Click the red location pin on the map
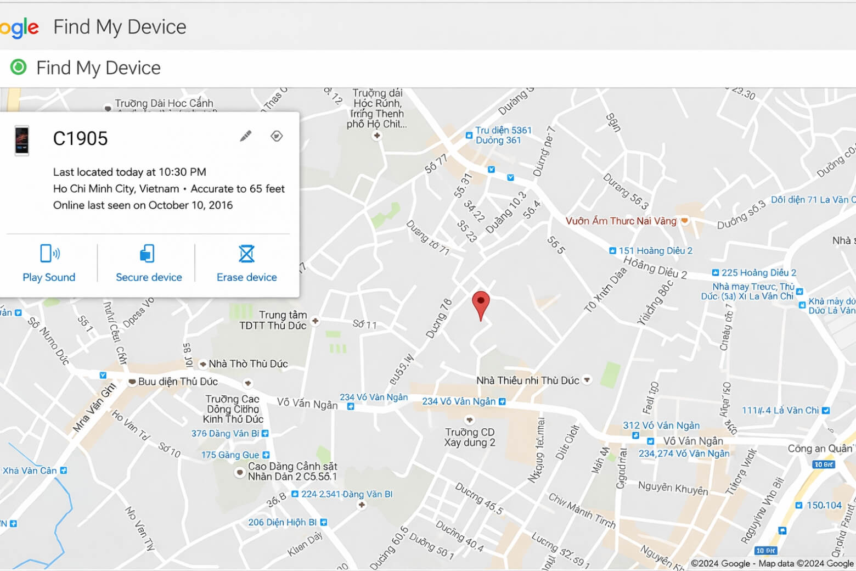(481, 303)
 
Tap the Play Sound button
(49, 263)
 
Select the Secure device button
(149, 263)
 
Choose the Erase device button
(246, 263)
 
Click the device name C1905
(80, 139)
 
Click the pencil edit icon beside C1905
(246, 136)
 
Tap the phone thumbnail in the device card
(22, 141)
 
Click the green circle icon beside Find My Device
(19, 67)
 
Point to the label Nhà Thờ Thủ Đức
(248, 363)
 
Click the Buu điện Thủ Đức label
(177, 382)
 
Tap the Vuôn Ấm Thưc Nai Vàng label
(621, 221)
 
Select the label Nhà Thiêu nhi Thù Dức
(527, 380)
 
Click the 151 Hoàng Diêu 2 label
(655, 251)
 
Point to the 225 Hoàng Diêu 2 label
(758, 273)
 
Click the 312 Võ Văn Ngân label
(661, 426)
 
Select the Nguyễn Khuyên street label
(673, 488)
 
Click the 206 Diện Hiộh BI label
(282, 522)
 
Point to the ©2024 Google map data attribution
(771, 563)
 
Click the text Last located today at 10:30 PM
(129, 172)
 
